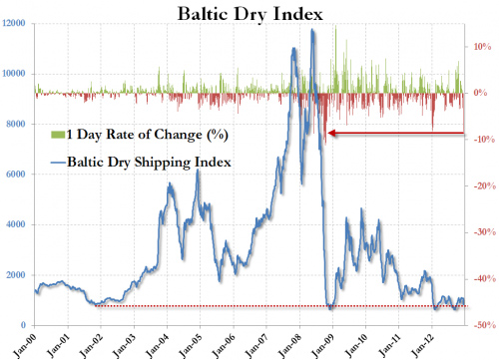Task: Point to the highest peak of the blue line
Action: (x=313, y=30)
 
